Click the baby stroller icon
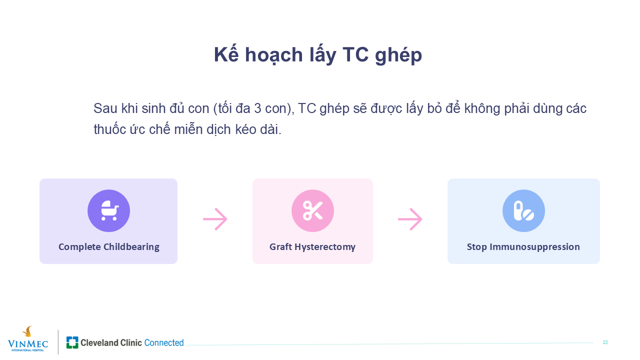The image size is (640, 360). coord(109,210)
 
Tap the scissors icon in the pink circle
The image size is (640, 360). coord(312,210)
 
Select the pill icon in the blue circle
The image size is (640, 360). coord(523,211)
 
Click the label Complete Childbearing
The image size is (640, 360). coord(109,246)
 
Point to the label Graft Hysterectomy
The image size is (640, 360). coord(312,246)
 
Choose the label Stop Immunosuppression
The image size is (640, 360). coord(523,246)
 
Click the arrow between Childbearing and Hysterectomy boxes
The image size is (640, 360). coord(215,219)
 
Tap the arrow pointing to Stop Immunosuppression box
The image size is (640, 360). coord(410,219)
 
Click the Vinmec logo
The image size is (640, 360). coord(27,339)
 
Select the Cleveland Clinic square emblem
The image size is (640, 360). coord(72,342)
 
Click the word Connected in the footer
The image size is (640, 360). coord(164,342)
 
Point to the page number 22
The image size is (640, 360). coord(605,342)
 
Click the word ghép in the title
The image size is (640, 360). coord(398,55)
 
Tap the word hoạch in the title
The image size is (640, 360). coord(274,54)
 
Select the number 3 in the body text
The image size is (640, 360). coord(257,108)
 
